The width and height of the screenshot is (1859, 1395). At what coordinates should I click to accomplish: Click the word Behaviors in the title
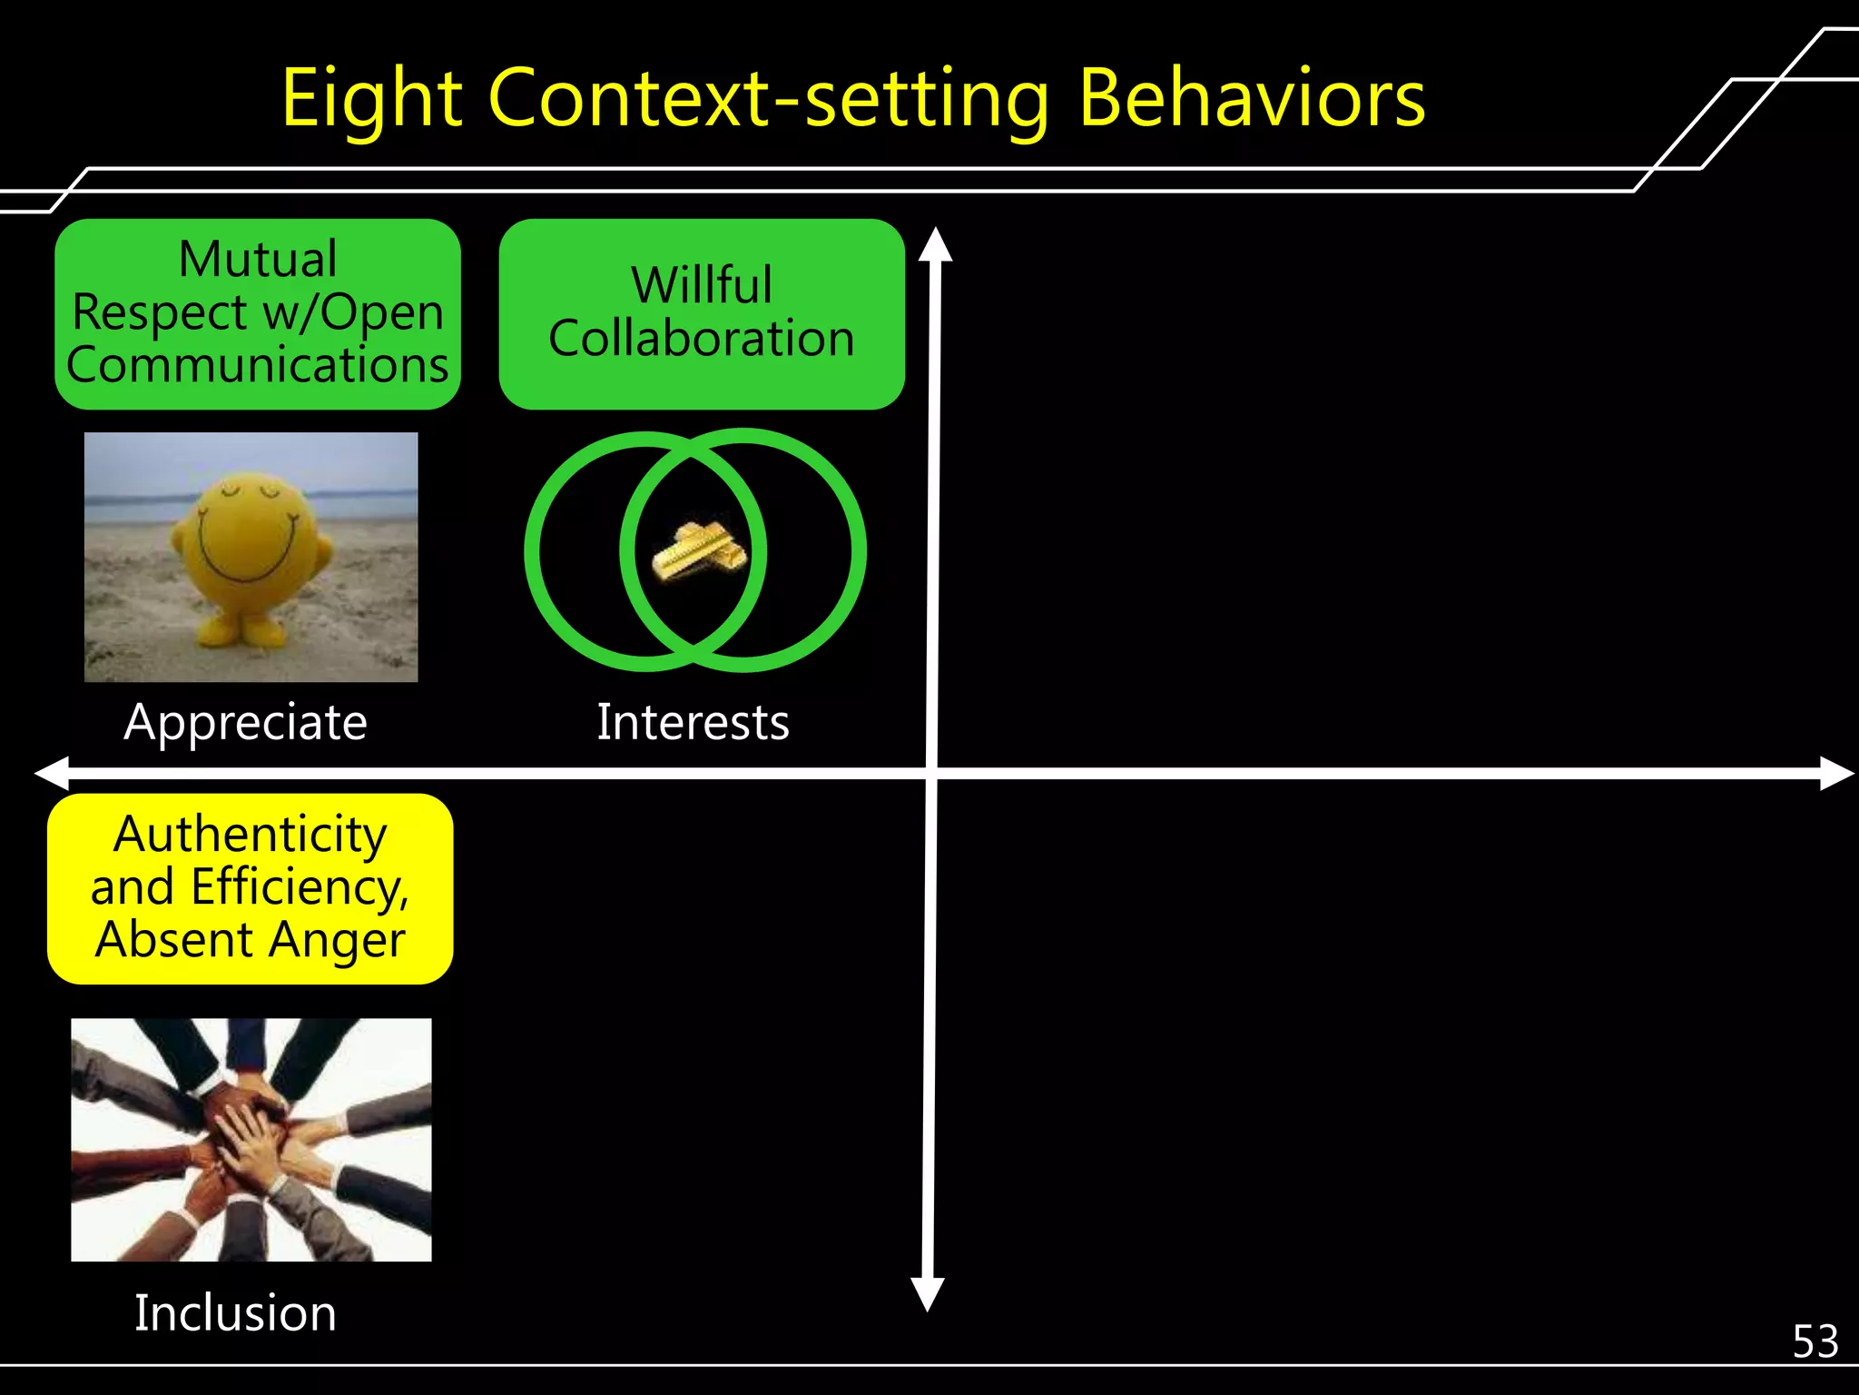1252,98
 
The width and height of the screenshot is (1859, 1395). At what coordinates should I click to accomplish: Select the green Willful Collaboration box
702,313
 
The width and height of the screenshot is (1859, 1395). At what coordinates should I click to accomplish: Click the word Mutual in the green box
258,260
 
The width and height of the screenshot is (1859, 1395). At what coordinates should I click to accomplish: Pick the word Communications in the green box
258,365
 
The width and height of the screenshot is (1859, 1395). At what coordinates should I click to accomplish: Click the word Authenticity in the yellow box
251,835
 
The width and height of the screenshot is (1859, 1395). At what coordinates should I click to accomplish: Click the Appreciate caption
246,723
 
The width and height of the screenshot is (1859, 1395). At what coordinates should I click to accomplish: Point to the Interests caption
693,723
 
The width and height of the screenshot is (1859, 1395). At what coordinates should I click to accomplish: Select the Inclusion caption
235,1313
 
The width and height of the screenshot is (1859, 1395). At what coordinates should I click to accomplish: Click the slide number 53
1815,1341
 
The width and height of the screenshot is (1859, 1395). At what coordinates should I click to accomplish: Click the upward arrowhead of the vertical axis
935,245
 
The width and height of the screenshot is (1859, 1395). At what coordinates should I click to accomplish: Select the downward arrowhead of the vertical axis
928,1293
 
